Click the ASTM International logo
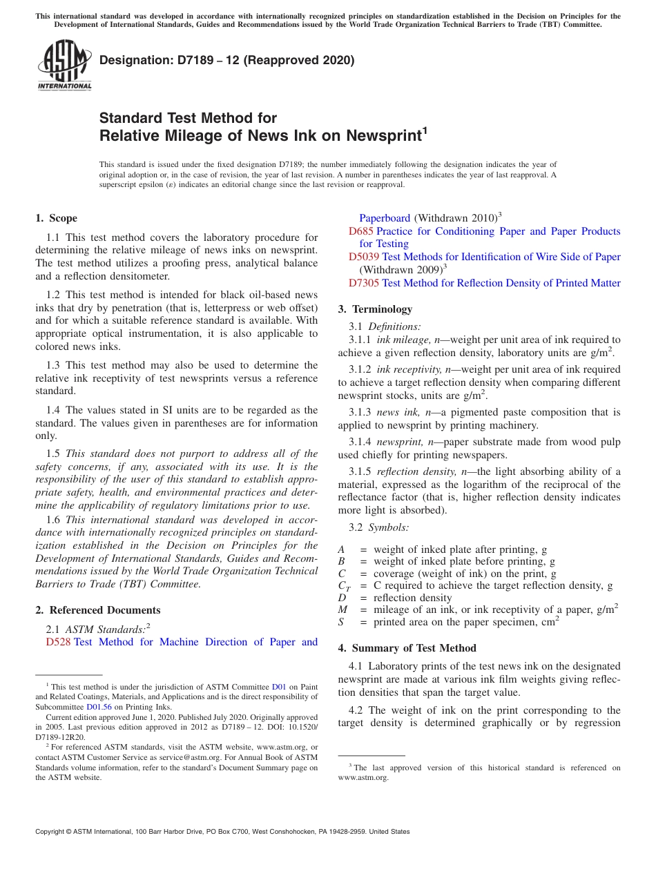pos(64,66)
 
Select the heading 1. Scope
pos(56,218)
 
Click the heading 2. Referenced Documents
pos(97,610)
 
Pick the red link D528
pos(58,642)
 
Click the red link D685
pos(361,231)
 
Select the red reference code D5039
pos(364,257)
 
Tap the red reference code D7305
pos(364,283)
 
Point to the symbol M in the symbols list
pos(343,609)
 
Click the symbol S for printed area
pos(341,622)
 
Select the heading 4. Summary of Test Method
pos(407,648)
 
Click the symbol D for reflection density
pos(341,598)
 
